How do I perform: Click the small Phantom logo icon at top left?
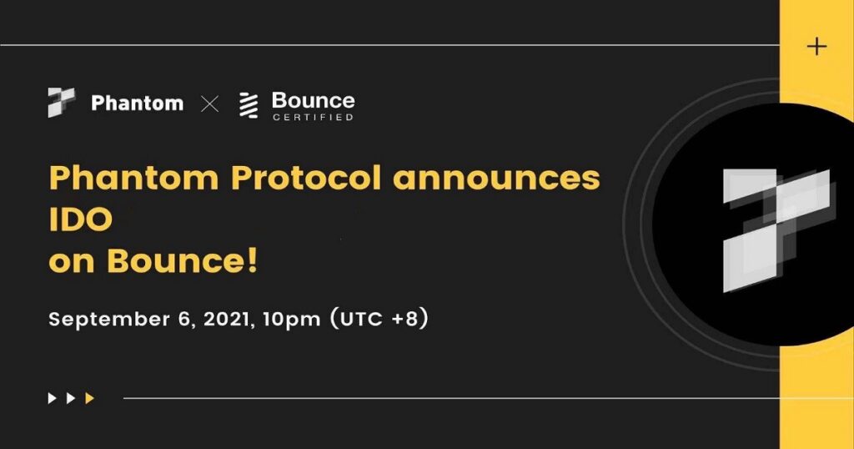pos(61,103)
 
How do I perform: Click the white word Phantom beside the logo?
pos(137,103)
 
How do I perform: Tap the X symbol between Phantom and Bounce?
pos(210,104)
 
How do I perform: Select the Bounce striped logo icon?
pos(249,105)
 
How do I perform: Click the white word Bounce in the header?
pos(313,100)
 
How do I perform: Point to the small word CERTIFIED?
pos(313,118)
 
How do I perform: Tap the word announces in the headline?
pos(497,179)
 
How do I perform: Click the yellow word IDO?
pos(80,220)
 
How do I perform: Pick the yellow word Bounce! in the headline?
pos(183,261)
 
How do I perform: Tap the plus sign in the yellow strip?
pos(816,46)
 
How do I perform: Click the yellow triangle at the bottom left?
pos(90,398)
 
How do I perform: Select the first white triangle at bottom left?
pos(53,398)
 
